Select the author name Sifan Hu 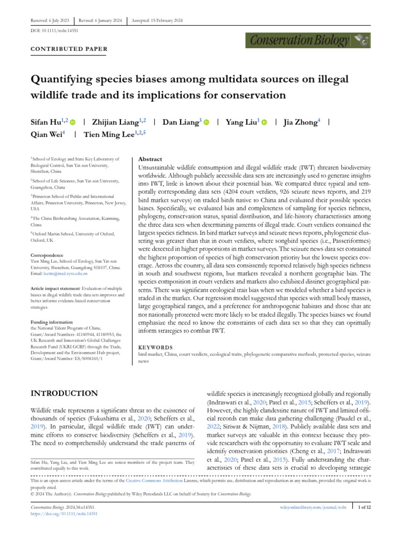pos(46,122)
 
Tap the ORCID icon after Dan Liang pos(206,122)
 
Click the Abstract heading pos(150,159)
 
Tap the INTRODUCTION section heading pos(64,393)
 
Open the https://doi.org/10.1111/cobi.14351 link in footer pos(64,514)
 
